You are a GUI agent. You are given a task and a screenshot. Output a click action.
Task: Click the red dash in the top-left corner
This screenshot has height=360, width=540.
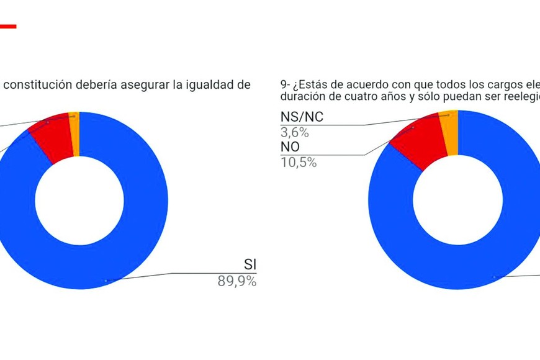[7, 26]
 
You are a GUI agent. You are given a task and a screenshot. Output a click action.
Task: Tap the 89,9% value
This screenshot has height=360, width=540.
[236, 281]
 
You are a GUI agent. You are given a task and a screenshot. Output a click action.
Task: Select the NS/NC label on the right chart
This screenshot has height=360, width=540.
[302, 117]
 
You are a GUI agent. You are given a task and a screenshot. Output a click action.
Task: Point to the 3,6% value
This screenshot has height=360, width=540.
[295, 132]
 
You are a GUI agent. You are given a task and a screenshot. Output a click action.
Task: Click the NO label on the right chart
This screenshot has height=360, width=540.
[291, 148]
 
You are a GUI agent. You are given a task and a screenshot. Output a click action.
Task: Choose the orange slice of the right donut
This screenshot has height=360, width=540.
[448, 130]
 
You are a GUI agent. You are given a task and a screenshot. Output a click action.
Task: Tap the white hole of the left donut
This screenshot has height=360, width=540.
[79, 200]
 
